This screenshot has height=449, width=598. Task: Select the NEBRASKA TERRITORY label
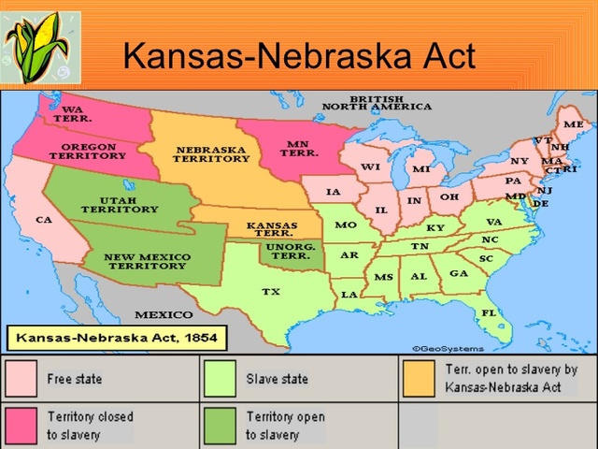coord(210,154)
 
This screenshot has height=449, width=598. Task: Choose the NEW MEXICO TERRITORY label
coord(147,261)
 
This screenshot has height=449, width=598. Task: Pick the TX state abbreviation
coord(270,292)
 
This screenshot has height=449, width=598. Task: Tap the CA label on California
coord(43,220)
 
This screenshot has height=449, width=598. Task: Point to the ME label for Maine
coord(573,124)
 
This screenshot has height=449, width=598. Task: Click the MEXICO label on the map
coord(164,314)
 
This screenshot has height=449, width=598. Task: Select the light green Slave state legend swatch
coord(221,380)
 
